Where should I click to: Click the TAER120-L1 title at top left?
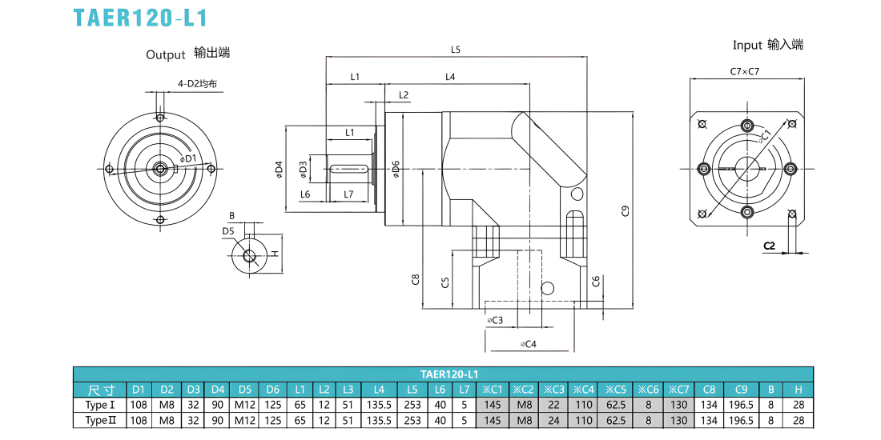(140, 18)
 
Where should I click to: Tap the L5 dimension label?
(456, 50)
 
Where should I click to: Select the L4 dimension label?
(450, 76)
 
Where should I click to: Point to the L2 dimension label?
(404, 94)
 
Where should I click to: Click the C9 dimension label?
(626, 211)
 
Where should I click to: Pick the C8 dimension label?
(415, 279)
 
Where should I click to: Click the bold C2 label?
(769, 246)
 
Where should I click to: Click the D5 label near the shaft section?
(227, 230)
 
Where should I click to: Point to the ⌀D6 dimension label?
(396, 169)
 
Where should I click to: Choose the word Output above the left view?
(165, 55)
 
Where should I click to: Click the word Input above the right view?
(747, 46)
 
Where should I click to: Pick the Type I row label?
(101, 404)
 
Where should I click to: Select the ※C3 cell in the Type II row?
(553, 419)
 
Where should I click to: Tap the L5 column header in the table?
(412, 390)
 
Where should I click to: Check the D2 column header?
(167, 390)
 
